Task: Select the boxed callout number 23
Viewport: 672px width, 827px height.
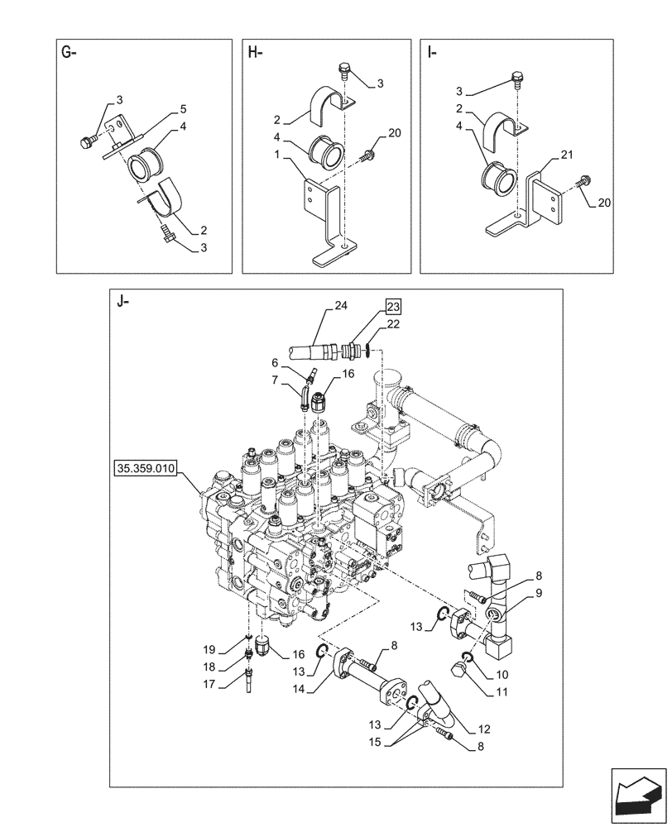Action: coord(392,306)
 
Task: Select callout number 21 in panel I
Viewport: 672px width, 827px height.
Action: coord(567,155)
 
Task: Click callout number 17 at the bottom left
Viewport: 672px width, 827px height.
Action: coord(208,683)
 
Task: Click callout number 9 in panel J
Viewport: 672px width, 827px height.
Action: coord(539,592)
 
